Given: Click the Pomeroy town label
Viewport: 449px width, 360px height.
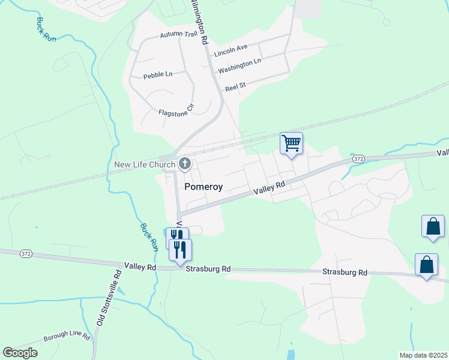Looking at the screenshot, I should [203, 187].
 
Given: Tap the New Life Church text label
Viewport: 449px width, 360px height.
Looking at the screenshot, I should [145, 164].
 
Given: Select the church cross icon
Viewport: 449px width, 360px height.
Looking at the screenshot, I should [185, 164].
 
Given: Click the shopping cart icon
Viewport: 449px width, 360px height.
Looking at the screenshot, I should [291, 143].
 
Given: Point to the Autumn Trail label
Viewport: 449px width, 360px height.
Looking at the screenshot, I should [178, 35].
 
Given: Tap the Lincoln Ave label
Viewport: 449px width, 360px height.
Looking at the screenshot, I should [231, 47].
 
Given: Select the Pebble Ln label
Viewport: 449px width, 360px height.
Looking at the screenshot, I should [157, 75].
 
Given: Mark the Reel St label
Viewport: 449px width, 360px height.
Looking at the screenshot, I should [235, 87].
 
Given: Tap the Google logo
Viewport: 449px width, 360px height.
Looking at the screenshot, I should [20, 352].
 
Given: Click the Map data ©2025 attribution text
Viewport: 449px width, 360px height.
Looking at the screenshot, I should [423, 355].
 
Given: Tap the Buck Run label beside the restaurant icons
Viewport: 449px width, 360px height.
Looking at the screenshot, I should [148, 236].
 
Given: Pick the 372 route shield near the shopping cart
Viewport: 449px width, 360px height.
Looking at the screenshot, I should [358, 159].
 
